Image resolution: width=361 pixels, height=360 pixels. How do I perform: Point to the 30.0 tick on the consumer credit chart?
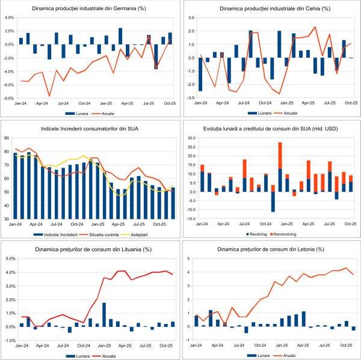coord(190,138)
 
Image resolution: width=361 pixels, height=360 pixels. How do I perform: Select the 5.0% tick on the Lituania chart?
coord(10,259)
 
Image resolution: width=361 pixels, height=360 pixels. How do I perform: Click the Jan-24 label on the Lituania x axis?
coord(23,347)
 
